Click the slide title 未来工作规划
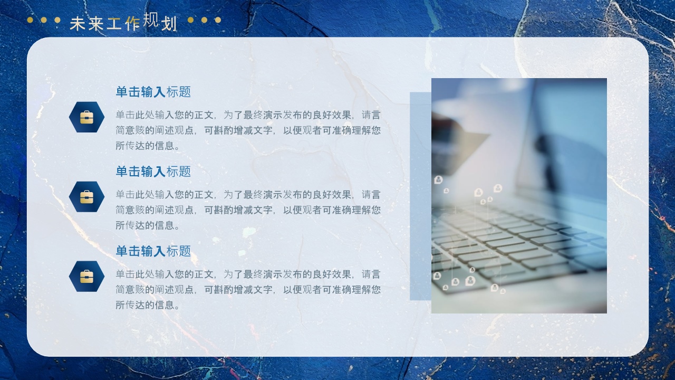123,22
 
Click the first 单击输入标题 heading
153,92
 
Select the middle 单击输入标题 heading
153,172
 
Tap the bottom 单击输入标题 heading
153,251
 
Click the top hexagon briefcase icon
87,117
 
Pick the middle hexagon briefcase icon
87,197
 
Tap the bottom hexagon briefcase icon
87,276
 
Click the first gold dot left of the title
30,20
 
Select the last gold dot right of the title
218,20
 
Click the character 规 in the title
150,20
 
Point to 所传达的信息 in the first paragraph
144,146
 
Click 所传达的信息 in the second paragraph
144,225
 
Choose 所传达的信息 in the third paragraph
144,305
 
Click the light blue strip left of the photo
421,196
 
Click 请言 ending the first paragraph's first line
371,115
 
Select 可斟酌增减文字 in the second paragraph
238,210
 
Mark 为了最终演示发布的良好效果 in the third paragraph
287,274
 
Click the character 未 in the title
78,24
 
